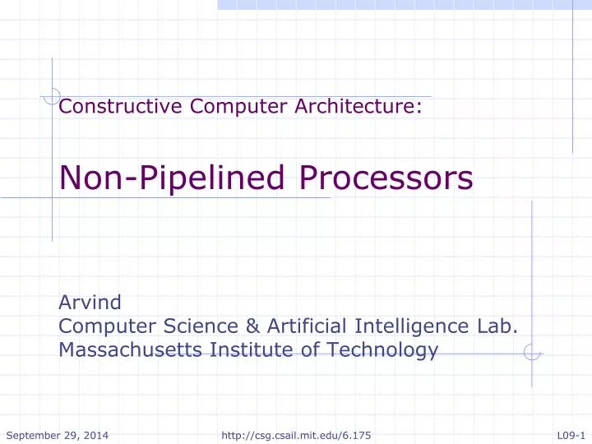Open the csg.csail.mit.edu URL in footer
296,433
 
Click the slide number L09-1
570,433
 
